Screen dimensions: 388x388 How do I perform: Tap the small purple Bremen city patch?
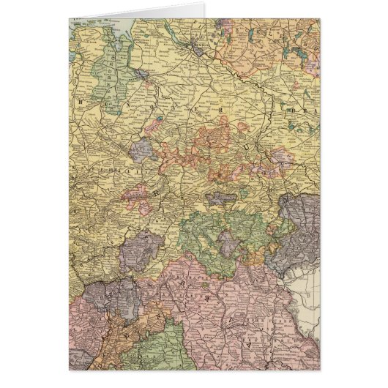coord(144,74)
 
